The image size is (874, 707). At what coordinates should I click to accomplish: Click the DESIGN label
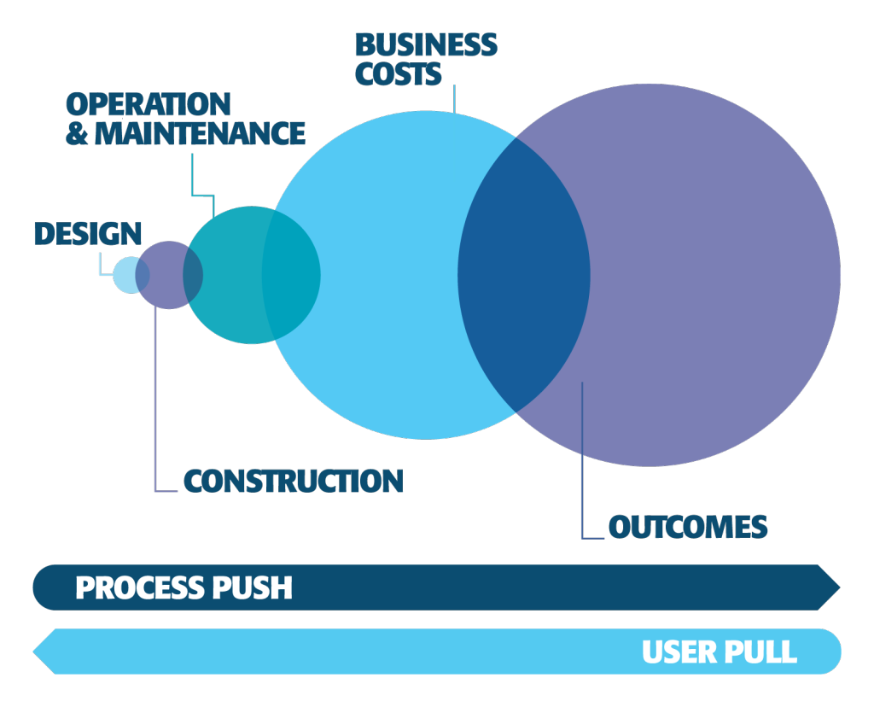(88, 234)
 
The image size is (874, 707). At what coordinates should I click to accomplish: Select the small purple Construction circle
(165, 275)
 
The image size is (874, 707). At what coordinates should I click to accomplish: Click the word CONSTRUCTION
(293, 481)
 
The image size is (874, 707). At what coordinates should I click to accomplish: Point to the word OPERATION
(149, 104)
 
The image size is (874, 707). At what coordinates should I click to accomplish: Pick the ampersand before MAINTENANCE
(77, 133)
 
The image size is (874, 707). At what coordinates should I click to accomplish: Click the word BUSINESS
(426, 44)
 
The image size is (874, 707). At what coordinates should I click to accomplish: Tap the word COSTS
(399, 73)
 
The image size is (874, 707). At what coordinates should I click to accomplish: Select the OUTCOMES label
(687, 527)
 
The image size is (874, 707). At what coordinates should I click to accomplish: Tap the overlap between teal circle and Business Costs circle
(291, 275)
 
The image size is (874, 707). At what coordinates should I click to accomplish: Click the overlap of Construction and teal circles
(193, 275)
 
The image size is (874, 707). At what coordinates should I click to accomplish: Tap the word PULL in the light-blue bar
(761, 652)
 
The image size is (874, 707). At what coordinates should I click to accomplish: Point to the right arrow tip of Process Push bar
(836, 587)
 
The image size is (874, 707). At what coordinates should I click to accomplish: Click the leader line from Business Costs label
(455, 98)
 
